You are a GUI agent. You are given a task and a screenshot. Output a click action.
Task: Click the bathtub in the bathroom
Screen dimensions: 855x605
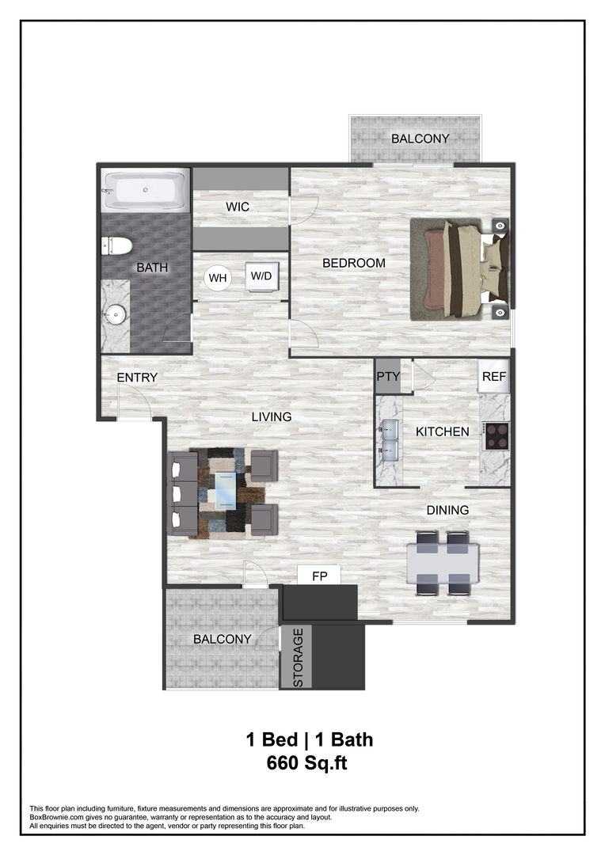click(144, 190)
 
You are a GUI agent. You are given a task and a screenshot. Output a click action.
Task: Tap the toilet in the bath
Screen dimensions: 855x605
click(116, 245)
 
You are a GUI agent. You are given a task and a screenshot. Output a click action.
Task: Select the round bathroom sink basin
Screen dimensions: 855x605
click(116, 315)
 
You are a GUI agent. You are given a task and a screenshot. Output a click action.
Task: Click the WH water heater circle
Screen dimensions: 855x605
click(217, 278)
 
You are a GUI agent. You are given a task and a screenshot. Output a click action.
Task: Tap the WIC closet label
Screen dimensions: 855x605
click(238, 207)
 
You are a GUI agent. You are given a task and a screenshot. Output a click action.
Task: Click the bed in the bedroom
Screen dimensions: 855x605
click(459, 269)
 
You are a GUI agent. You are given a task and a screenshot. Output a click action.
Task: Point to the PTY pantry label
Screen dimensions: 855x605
click(388, 377)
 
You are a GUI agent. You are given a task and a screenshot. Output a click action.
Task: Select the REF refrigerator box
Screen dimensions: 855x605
click(493, 377)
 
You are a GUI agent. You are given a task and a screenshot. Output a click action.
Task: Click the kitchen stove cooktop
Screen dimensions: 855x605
click(497, 436)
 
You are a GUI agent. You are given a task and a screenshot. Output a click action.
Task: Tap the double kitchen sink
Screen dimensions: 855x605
click(390, 440)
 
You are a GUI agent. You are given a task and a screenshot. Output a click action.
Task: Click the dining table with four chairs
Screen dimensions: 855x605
click(442, 563)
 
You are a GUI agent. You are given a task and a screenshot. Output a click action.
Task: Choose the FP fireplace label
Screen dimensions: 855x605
click(319, 576)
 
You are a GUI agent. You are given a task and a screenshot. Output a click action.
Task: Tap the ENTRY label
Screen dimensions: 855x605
click(137, 378)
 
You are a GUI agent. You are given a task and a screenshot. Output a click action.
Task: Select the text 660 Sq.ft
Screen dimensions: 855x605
click(308, 763)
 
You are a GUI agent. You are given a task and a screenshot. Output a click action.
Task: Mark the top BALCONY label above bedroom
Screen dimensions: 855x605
click(420, 139)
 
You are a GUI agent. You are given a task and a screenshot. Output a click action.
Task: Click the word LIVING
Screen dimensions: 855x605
click(272, 416)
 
